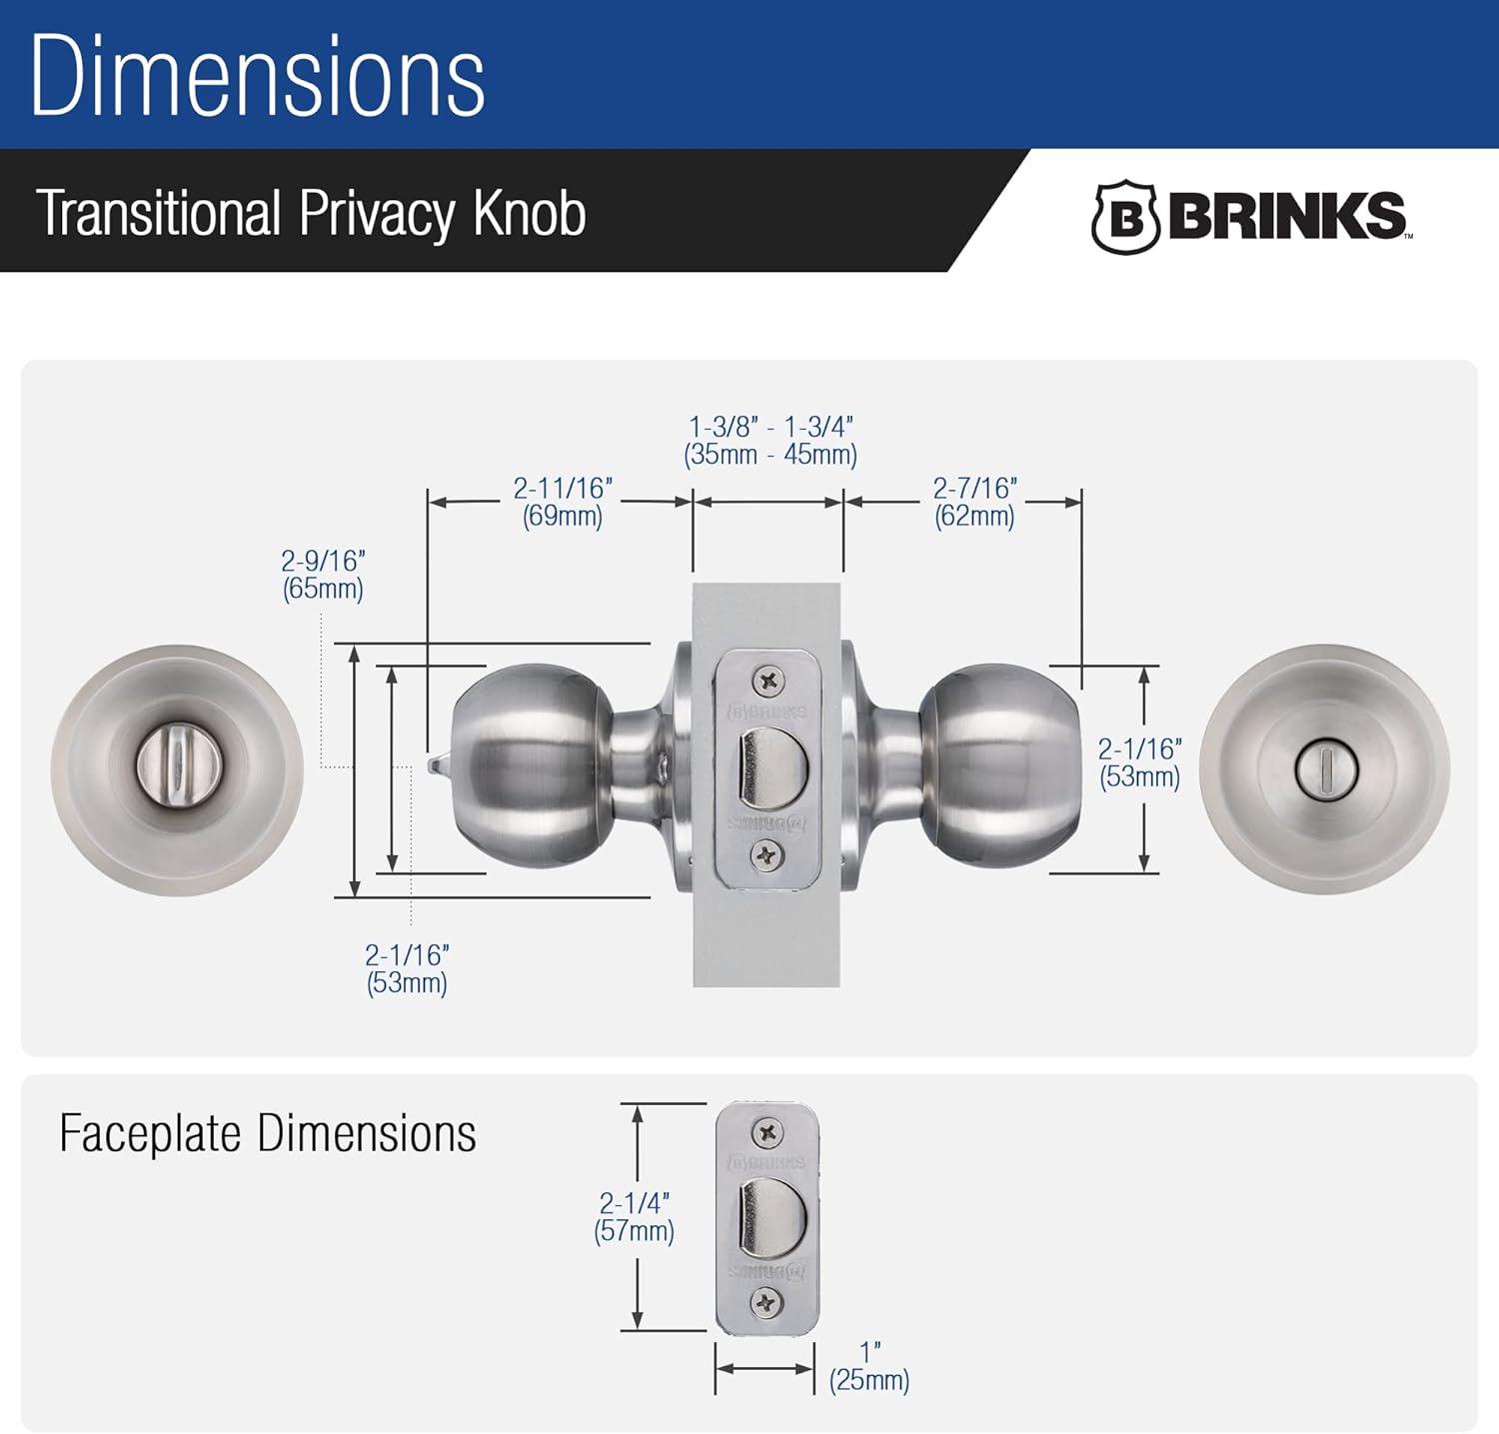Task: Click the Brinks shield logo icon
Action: tap(1124, 217)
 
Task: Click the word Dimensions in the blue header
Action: tap(258, 77)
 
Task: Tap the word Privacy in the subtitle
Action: tap(377, 213)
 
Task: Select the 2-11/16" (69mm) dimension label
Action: tap(563, 502)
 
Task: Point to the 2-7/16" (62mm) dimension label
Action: tap(974, 502)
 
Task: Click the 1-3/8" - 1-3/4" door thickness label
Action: tap(770, 441)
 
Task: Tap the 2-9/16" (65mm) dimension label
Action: tap(323, 575)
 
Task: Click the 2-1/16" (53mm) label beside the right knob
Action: tap(1139, 762)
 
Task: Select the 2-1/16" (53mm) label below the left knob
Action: tap(407, 968)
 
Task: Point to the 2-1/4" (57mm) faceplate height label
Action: tap(634, 1216)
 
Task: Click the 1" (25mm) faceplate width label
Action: tap(869, 1368)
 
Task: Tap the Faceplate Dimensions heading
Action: tap(267, 1134)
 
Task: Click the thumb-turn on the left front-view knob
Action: tap(177, 768)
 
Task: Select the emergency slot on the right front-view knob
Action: tap(1323, 768)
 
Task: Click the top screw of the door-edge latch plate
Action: tap(767, 682)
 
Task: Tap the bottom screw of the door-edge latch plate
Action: tap(767, 855)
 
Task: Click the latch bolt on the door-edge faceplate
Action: tap(769, 765)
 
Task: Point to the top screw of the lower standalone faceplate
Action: tap(767, 1132)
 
